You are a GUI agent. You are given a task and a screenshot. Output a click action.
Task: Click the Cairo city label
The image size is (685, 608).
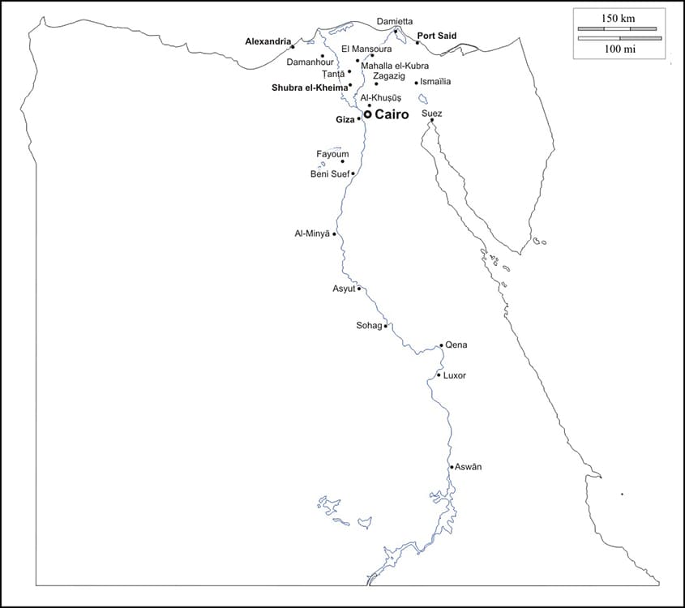[392, 115]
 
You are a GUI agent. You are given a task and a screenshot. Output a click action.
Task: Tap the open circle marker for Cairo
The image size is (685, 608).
[367, 114]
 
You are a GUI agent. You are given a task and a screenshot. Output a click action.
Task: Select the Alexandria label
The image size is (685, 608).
[268, 41]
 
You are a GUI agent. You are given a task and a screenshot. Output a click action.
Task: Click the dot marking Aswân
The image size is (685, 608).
[452, 467]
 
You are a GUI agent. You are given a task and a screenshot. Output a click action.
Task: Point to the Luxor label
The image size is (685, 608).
[455, 376]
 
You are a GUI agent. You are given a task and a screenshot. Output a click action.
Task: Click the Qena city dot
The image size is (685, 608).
[441, 345]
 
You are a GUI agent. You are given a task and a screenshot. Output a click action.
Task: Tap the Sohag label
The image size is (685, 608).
[369, 326]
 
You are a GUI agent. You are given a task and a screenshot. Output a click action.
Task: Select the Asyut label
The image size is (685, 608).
[344, 289]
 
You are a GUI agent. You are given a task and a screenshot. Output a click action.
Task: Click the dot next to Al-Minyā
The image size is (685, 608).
[334, 234]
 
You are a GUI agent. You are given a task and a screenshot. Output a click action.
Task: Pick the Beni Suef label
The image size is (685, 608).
[329, 174]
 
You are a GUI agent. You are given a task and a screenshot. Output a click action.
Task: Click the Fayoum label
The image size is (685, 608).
[332, 154]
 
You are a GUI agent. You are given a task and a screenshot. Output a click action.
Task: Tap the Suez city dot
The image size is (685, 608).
[431, 121]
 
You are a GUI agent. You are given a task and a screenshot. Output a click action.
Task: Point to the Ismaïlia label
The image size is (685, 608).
[436, 82]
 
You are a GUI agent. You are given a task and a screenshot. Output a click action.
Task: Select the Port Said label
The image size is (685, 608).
[437, 36]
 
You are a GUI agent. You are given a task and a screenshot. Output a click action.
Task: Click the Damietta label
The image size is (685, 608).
[395, 21]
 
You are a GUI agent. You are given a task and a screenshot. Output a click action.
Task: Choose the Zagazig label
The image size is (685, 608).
[388, 75]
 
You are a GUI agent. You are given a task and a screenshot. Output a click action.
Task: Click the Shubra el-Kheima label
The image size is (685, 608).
[309, 87]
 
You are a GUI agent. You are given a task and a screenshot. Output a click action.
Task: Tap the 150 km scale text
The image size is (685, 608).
[618, 18]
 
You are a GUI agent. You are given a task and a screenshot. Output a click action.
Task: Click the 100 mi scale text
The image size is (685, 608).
[618, 49]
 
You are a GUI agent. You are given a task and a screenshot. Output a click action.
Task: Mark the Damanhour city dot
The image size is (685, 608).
[323, 56]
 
